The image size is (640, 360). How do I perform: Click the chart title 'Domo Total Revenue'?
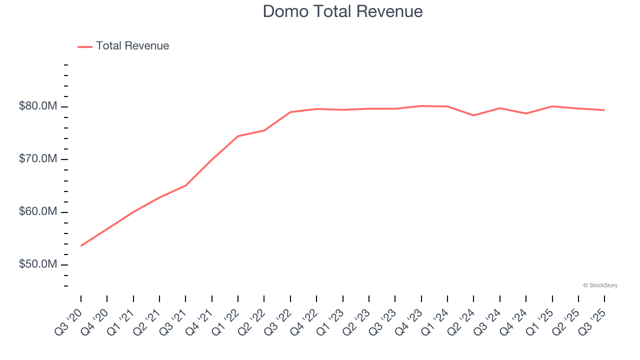pyautogui.click(x=342, y=11)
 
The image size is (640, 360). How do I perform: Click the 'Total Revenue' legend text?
pyautogui.click(x=132, y=46)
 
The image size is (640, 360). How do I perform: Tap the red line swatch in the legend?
pyautogui.click(x=85, y=46)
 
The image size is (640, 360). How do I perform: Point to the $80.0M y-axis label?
pyautogui.click(x=38, y=106)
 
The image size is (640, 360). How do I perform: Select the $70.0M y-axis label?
pyautogui.click(x=38, y=159)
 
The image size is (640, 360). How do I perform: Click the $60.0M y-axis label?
pyautogui.click(x=38, y=212)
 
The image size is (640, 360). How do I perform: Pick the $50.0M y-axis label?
pyautogui.click(x=38, y=264)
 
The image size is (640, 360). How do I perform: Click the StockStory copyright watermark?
pyautogui.click(x=600, y=285)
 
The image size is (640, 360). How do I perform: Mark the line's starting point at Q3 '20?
pyautogui.click(x=81, y=245)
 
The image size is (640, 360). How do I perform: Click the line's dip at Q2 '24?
pyautogui.click(x=473, y=115)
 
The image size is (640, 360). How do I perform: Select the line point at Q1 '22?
pyautogui.click(x=238, y=136)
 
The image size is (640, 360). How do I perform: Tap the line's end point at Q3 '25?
pyautogui.click(x=604, y=110)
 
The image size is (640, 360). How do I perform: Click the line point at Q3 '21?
pyautogui.click(x=185, y=185)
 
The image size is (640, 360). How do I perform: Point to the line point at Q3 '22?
pyautogui.click(x=290, y=112)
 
